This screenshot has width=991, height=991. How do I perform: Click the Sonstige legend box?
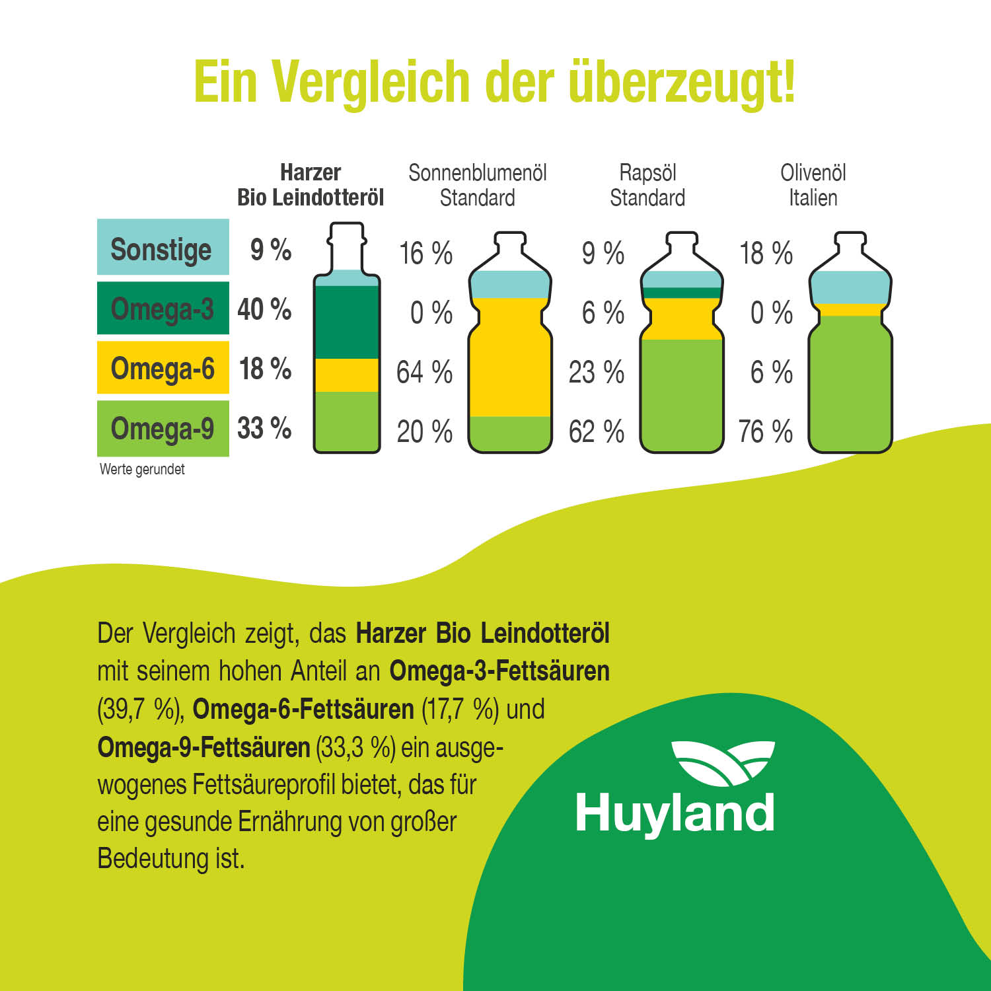coord(163,247)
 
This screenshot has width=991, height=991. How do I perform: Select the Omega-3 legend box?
coord(163,308)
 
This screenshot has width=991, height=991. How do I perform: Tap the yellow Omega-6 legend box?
coord(163,367)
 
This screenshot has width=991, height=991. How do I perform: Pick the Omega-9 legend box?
coord(163,428)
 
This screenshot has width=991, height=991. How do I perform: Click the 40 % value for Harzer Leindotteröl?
coord(264,309)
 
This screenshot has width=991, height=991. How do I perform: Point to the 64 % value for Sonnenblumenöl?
coord(424,372)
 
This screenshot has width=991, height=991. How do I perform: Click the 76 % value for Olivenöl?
coord(765,431)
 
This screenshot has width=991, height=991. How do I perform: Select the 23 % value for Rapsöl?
coord(596,372)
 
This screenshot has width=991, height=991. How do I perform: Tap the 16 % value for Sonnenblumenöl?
coord(425,253)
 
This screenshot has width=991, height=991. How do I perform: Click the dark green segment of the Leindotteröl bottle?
coord(347,322)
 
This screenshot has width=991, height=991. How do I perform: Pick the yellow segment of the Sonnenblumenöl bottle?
coord(509,357)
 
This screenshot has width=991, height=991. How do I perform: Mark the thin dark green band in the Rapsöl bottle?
coord(681,293)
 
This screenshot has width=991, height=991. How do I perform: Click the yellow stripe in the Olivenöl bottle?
coord(850,309)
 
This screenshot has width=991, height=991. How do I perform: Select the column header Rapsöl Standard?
coord(647,185)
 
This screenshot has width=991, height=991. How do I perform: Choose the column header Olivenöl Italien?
coord(813,185)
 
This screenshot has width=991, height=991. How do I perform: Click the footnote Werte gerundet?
coord(142,469)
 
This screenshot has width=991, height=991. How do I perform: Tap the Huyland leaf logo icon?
coord(723,762)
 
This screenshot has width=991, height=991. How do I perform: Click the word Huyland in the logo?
coord(675,813)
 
